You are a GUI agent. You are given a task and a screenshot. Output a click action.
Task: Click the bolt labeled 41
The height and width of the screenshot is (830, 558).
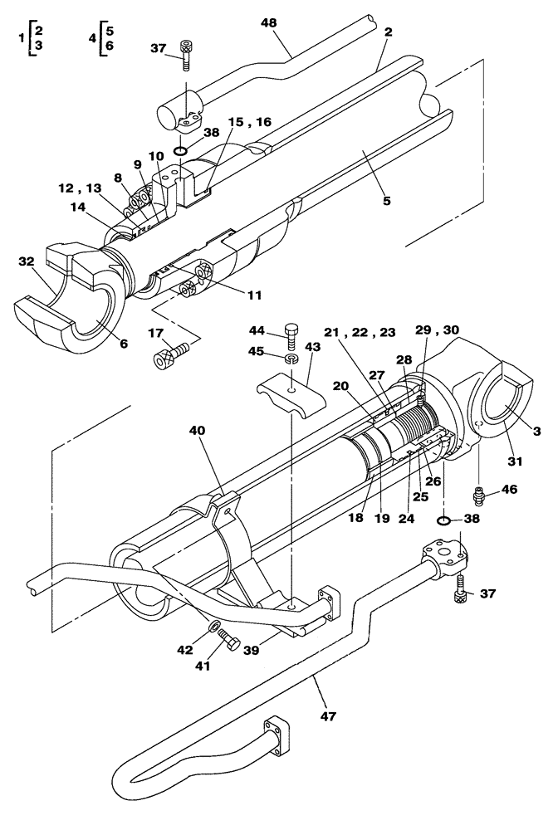click(231, 642)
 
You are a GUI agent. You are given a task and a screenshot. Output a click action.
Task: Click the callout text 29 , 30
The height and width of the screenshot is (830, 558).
click(436, 330)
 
